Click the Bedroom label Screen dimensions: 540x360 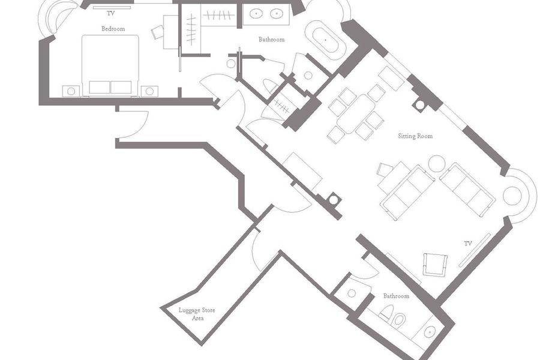pyautogui.click(x=113, y=29)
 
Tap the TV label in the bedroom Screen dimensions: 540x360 pyautogui.click(x=110, y=14)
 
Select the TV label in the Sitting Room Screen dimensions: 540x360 pyautogui.click(x=467, y=244)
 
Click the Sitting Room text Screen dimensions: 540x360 pyautogui.click(x=415, y=136)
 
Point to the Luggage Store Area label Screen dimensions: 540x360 pyautogui.click(x=197, y=314)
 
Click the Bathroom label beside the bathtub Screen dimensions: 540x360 pyautogui.click(x=271, y=40)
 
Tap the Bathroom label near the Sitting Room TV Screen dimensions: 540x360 pyautogui.click(x=396, y=296)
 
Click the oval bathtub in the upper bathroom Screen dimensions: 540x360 pyautogui.click(x=326, y=40)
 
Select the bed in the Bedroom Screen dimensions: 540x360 pyautogui.click(x=110, y=65)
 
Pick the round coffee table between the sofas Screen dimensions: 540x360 pyautogui.click(x=437, y=164)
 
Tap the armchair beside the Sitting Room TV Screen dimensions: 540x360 pyautogui.click(x=436, y=265)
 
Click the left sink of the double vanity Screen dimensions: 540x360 pyautogui.click(x=256, y=14)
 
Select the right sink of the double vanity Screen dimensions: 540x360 pyautogui.click(x=277, y=14)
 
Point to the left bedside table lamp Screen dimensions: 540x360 pyautogui.click(x=71, y=91)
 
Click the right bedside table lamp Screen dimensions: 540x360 pyautogui.click(x=149, y=91)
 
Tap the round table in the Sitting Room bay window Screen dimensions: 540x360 pyautogui.click(x=511, y=196)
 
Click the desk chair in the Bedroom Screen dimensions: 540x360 pyautogui.click(x=157, y=32)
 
